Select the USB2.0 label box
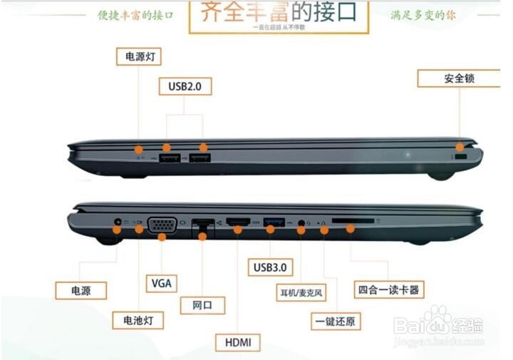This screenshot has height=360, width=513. (185, 86)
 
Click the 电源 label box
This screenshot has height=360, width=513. (81, 290)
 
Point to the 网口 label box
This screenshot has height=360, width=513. (202, 306)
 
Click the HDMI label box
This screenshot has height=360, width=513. (238, 342)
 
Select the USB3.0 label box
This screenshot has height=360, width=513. (270, 267)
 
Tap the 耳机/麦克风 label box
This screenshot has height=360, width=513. (301, 292)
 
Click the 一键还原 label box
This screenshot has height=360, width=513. (333, 321)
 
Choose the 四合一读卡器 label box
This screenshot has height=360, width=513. (389, 289)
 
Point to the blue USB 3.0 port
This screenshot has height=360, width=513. (274, 222)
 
